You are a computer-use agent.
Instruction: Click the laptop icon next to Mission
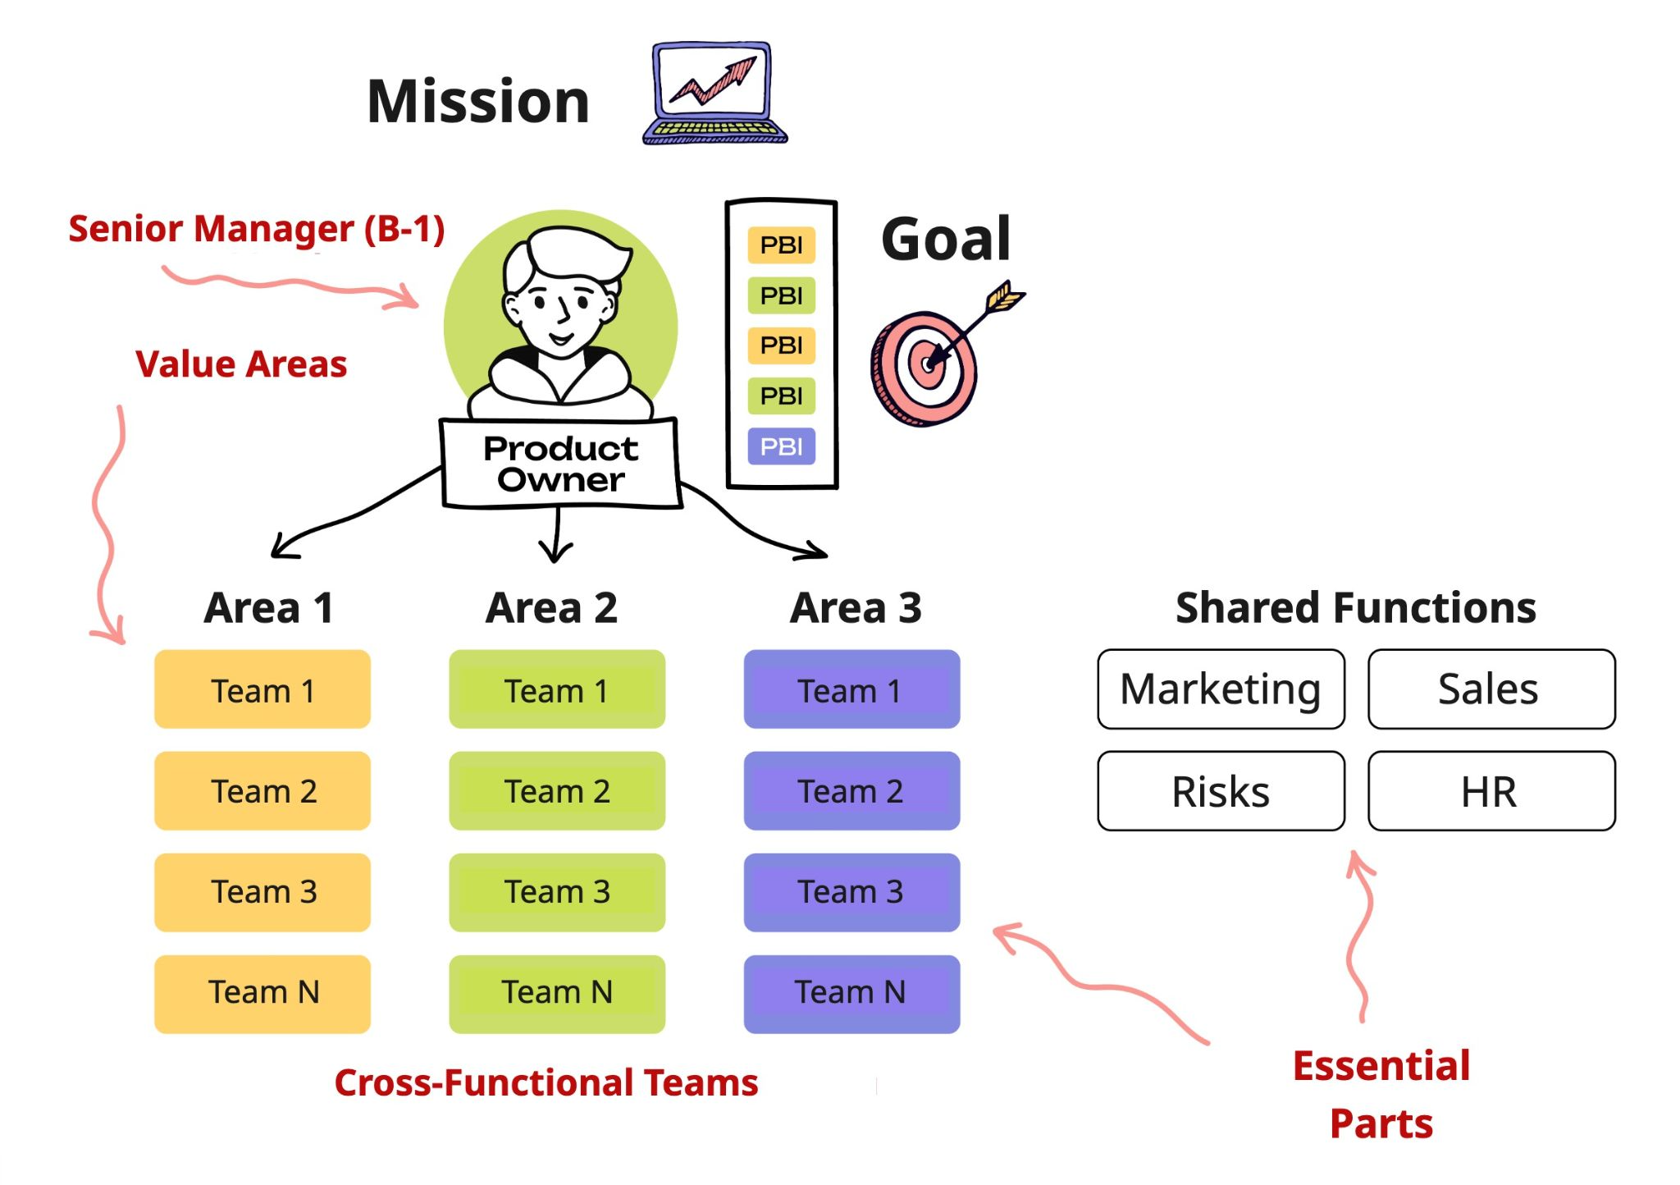click(714, 93)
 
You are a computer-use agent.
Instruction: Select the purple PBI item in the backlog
click(781, 446)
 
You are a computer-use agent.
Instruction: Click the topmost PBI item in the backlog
click(781, 245)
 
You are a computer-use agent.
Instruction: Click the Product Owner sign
click(561, 464)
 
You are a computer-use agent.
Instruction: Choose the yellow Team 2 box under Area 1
click(262, 791)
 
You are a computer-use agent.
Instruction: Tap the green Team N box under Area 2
click(557, 993)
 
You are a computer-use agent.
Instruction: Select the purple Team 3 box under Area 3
click(851, 892)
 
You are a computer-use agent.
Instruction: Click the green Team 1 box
click(557, 690)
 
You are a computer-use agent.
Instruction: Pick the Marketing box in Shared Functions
click(1221, 689)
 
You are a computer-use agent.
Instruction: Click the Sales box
click(1491, 689)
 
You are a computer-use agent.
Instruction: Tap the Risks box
click(1221, 791)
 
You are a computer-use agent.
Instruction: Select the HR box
click(1491, 791)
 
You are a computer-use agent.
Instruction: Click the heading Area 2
click(551, 608)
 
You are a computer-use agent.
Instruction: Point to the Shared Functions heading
click(1355, 608)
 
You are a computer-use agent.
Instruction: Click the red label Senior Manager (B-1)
click(256, 229)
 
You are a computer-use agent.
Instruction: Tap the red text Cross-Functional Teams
click(546, 1082)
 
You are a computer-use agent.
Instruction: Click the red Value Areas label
click(241, 364)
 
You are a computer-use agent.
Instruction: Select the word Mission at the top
click(478, 102)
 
